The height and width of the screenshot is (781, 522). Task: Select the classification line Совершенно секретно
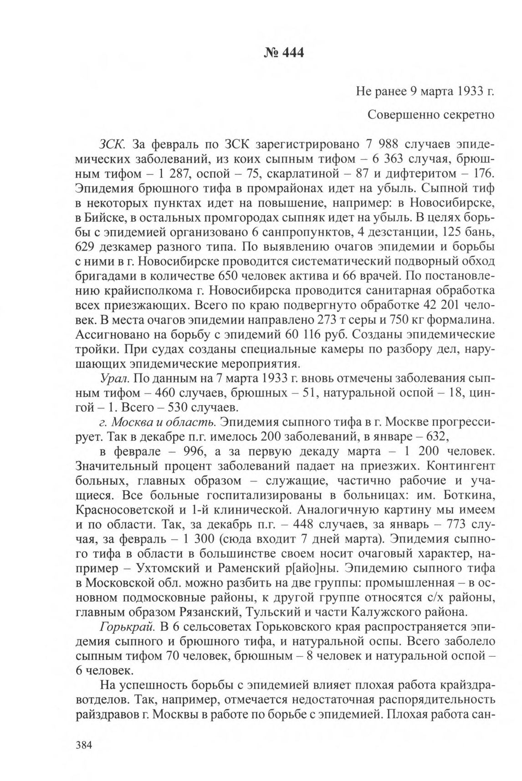click(431, 115)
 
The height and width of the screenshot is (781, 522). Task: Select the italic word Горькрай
click(128, 627)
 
